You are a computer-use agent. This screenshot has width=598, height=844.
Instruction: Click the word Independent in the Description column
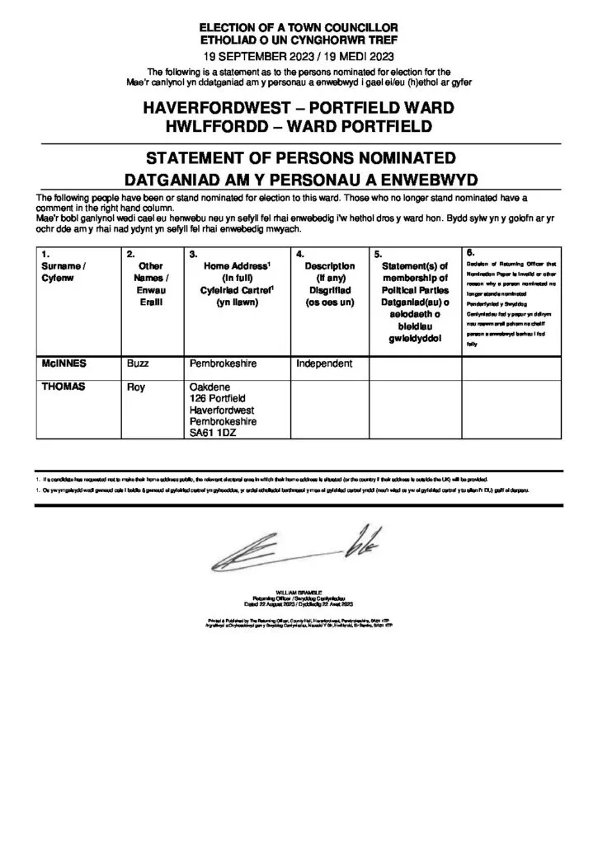(324, 363)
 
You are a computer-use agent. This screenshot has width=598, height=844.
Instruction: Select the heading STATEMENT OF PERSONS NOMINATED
(299, 158)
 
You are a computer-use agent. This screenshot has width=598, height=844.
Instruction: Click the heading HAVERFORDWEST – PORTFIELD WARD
(299, 109)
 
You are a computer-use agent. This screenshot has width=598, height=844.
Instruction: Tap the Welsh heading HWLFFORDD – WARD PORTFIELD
(299, 127)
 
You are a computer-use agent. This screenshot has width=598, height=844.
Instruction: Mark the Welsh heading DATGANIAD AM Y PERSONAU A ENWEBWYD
(299, 178)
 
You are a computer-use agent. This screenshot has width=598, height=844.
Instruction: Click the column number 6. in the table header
(470, 252)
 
